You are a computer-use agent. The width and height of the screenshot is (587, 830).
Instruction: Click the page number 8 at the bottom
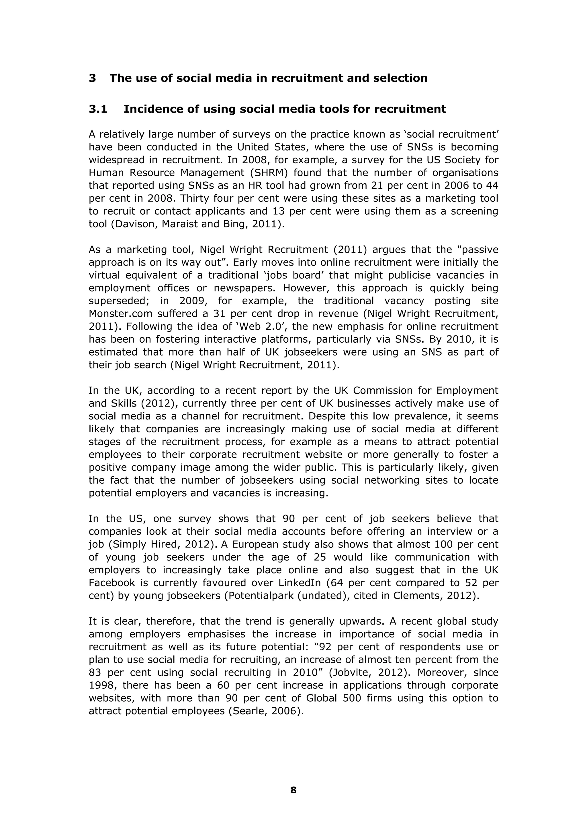point(293,790)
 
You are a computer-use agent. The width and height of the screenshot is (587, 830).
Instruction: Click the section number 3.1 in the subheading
point(98,109)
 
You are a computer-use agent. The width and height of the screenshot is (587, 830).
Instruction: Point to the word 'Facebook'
point(112,583)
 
